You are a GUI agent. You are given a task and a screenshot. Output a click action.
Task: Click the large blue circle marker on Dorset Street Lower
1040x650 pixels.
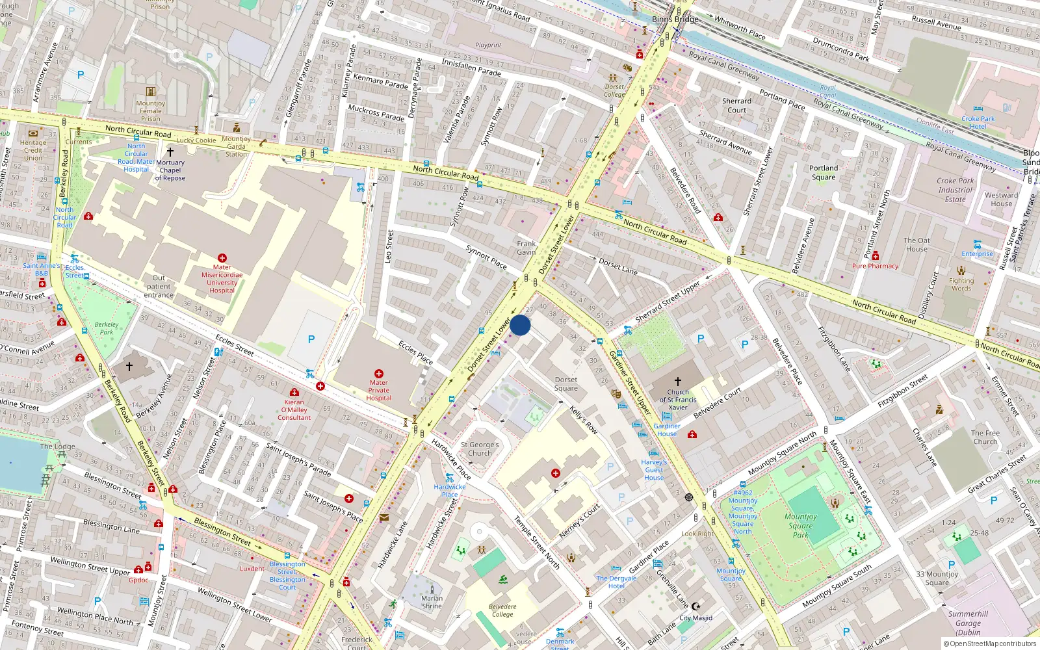[x=520, y=325]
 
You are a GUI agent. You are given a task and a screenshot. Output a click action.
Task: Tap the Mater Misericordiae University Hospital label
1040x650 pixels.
[x=222, y=279]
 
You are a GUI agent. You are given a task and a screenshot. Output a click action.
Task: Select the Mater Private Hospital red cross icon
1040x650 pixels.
[x=379, y=374]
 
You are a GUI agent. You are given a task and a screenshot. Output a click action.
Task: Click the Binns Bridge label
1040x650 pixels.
[x=675, y=19]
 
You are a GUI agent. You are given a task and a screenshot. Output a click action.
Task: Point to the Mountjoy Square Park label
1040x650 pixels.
[x=801, y=526]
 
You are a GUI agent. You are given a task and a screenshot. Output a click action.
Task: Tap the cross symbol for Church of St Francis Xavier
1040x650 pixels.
[x=677, y=382]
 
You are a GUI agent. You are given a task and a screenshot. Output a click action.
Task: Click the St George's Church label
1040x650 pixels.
[x=480, y=449]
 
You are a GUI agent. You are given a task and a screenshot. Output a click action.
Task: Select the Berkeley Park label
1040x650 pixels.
[x=107, y=328]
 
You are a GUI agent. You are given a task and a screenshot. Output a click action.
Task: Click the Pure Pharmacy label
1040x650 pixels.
[x=875, y=266]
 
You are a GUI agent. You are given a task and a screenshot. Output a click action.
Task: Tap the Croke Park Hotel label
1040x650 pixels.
[x=978, y=122]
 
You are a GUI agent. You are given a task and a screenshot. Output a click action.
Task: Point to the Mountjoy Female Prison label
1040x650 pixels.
[x=150, y=111]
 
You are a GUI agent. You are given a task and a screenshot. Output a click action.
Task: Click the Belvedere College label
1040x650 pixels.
[x=502, y=610]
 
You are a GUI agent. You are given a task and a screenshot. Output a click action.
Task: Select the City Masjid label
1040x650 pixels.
[x=695, y=618]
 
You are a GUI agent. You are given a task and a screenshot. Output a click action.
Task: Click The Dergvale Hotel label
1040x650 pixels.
[x=616, y=582]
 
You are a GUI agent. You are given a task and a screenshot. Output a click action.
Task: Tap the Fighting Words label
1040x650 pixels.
[x=961, y=284]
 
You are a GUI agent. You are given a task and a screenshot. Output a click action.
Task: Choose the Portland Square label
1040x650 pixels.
[x=824, y=172]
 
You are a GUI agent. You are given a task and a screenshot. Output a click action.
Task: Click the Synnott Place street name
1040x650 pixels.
[x=486, y=257]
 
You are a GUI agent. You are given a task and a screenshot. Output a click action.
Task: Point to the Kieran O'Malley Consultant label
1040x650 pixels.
[x=294, y=409]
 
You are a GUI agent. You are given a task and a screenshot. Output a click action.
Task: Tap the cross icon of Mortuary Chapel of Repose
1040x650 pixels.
[x=170, y=151]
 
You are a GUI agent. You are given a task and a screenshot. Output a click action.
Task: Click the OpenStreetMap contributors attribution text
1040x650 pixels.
[x=989, y=644]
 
